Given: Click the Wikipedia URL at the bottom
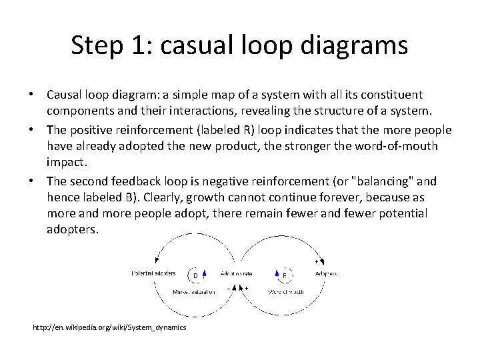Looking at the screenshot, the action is (x=110, y=327).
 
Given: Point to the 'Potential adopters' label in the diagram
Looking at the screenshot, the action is (x=153, y=273).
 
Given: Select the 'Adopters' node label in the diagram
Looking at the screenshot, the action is (x=325, y=273).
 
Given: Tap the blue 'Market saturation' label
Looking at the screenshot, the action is (x=193, y=292).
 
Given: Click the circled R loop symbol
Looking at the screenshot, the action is (x=285, y=275).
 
